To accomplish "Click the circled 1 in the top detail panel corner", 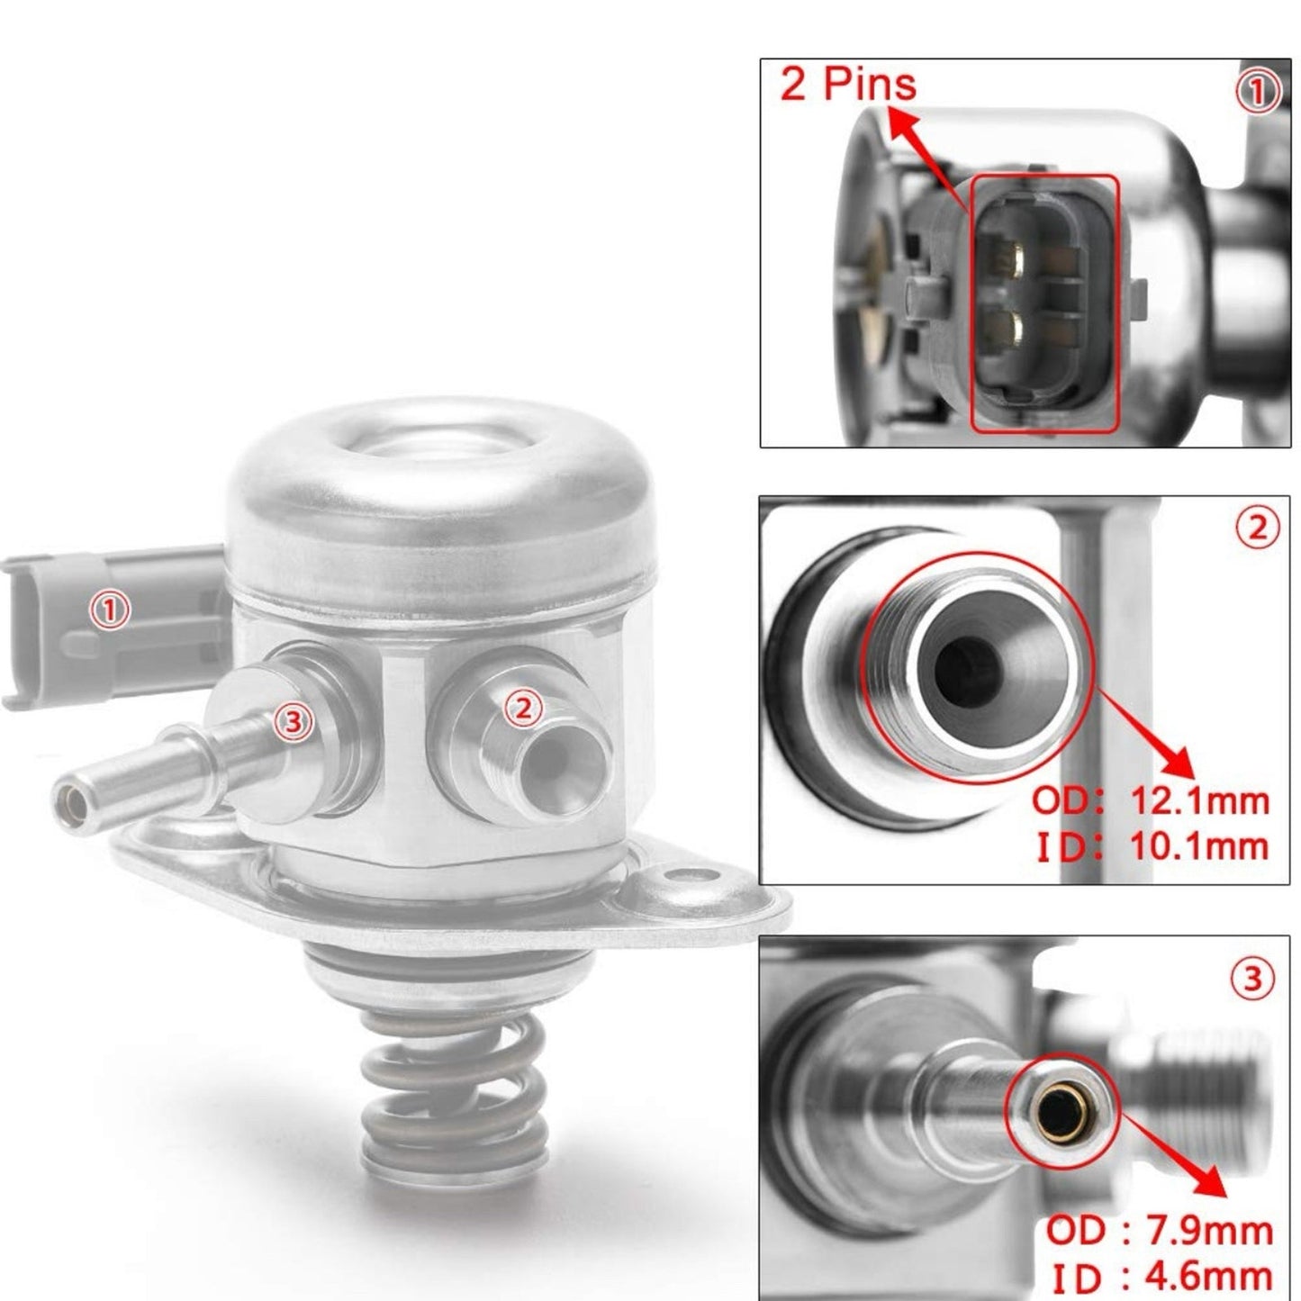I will tap(1258, 93).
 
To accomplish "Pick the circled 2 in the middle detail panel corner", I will tap(1258, 528).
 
